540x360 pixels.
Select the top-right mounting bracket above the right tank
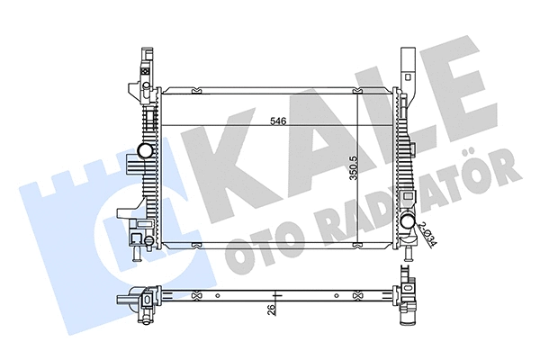407,67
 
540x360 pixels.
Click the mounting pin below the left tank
136,256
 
